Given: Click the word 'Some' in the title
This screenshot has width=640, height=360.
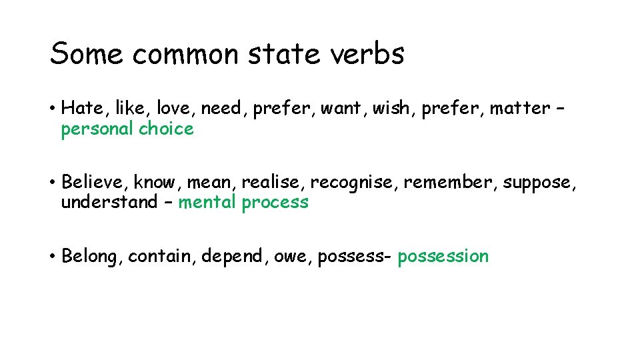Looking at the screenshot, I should pos(86,53).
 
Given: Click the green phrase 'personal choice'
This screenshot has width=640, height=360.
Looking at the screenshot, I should pos(127,129).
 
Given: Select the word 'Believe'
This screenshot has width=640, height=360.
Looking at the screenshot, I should pos(94,182).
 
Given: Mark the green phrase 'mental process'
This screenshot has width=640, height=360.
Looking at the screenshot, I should pos(243,203).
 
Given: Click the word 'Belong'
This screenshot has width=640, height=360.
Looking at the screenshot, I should pos(91,257).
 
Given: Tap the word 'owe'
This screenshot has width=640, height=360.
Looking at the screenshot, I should pos(293,257).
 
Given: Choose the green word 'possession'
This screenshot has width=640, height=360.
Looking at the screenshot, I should pos(443,257).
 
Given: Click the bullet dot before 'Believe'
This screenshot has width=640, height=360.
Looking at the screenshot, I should pos(52,182).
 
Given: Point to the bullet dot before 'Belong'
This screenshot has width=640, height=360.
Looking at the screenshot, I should pos(52,256).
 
